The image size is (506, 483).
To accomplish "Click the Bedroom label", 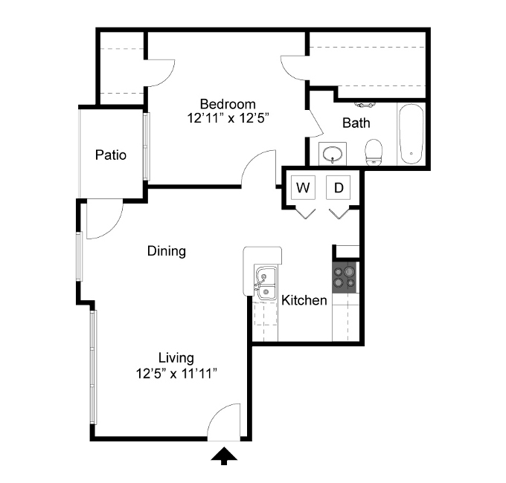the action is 228,104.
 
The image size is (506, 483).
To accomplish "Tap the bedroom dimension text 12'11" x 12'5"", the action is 228,118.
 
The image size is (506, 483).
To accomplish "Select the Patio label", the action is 111,155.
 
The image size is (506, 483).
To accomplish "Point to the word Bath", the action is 356,123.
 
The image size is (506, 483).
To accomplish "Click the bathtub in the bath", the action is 411,134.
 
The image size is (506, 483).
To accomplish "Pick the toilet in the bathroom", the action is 374,152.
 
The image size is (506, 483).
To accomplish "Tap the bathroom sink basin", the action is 333,154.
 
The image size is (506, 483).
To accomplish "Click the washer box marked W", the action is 303,187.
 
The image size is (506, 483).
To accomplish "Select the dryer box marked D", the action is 338,187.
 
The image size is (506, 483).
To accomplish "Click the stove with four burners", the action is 345,277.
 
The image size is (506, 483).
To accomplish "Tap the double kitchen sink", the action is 266,283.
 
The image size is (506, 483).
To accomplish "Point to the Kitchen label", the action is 304,300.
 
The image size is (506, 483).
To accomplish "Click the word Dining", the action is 167,251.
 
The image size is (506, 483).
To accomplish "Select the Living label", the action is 176,358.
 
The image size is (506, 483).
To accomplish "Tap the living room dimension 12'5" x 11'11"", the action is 176,374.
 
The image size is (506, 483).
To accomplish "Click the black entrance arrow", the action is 224,456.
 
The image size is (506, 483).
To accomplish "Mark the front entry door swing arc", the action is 217,412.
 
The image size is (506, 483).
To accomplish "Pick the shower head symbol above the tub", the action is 365,105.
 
